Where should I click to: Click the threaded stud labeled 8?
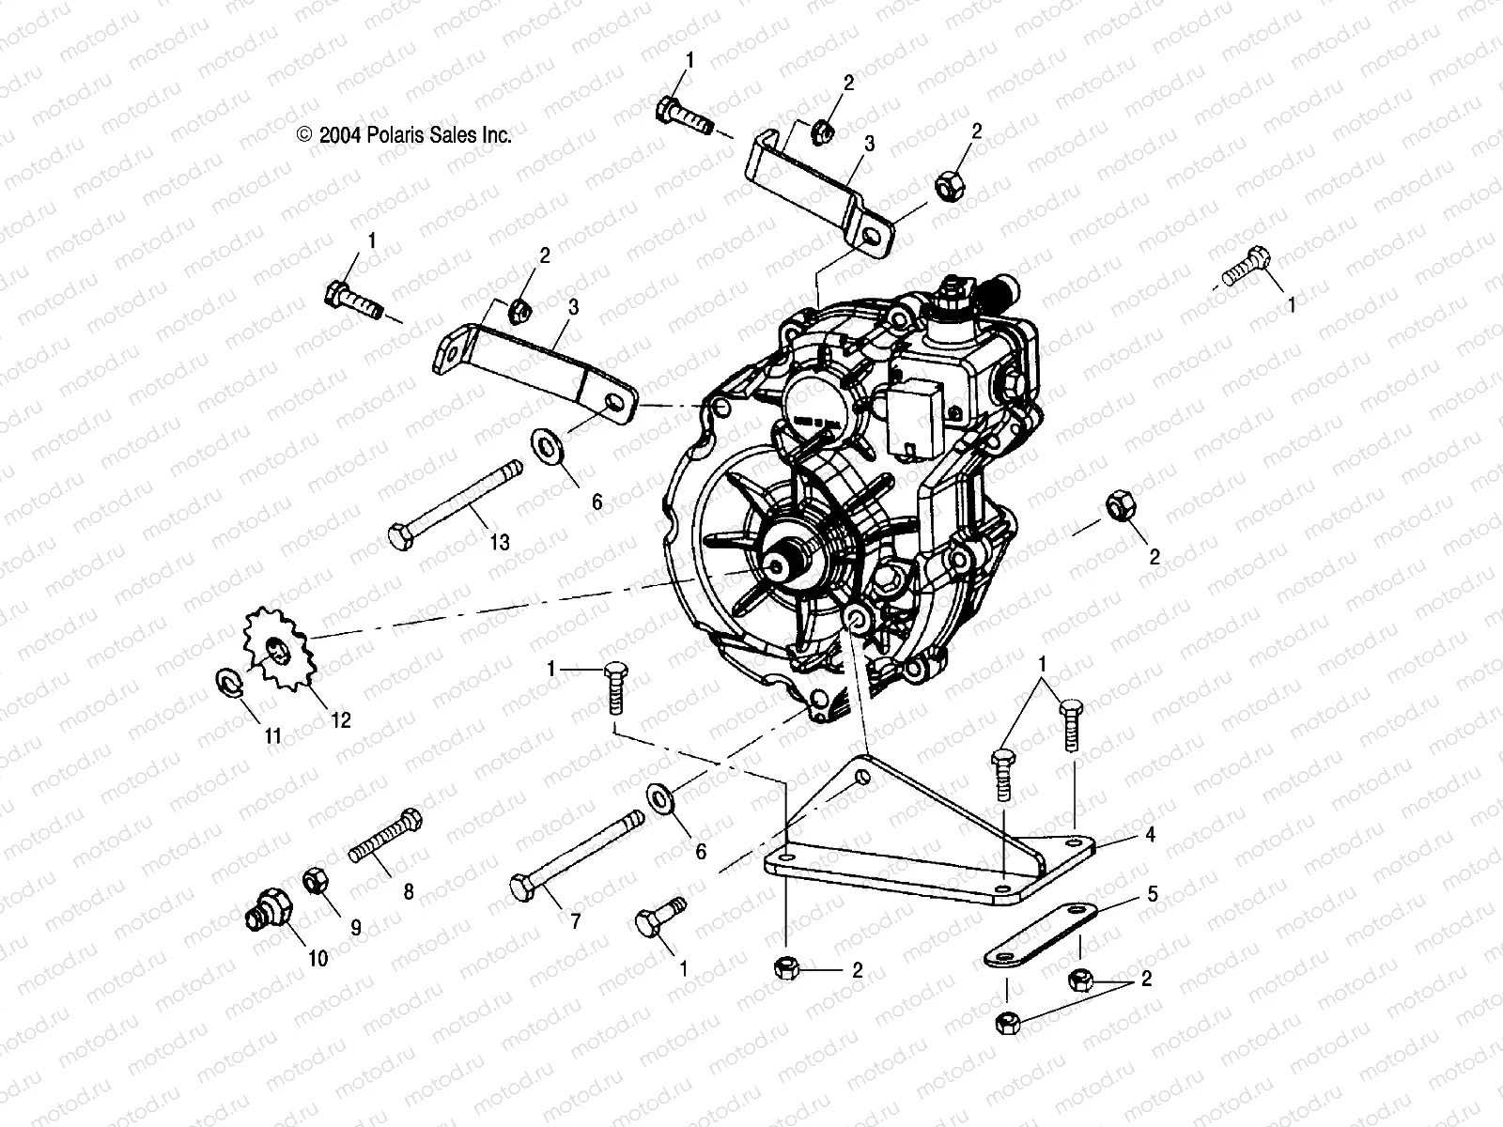tap(385, 838)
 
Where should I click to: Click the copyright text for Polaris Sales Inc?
tap(404, 135)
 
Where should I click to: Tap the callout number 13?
tap(499, 543)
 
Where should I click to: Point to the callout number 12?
tap(340, 720)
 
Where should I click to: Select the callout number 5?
tap(1153, 895)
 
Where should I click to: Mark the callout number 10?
tap(318, 959)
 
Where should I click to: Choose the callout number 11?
tap(272, 737)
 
